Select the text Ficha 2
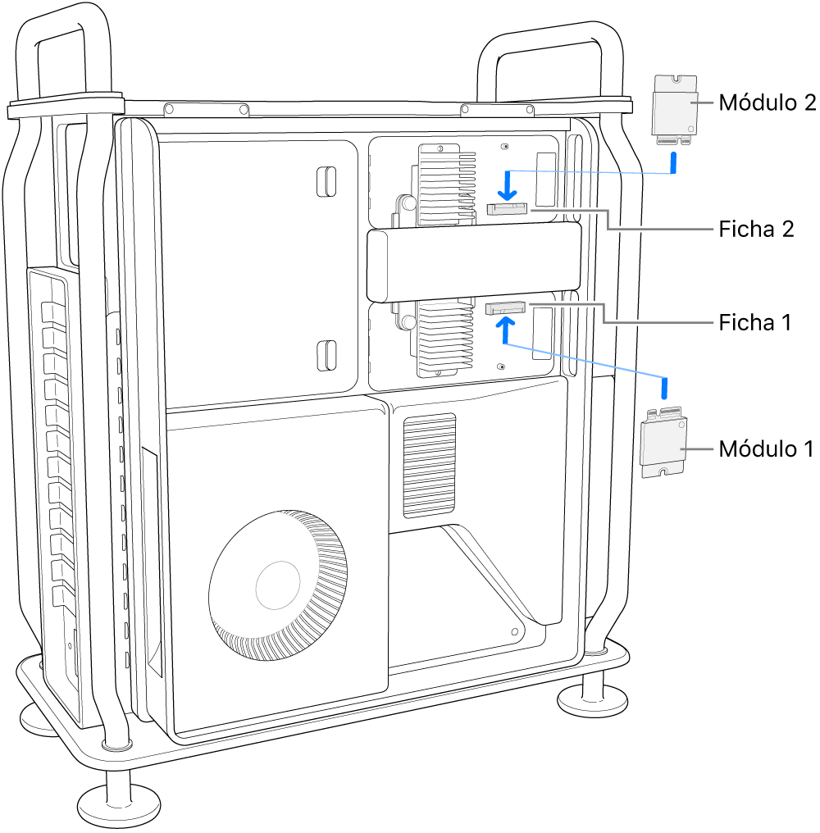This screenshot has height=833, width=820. coord(756,229)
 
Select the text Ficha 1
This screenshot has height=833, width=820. coord(754,321)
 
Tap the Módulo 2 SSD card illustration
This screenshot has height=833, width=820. coord(674,107)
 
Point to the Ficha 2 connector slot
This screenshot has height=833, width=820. coord(508,210)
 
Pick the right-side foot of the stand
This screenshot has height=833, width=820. coord(592,697)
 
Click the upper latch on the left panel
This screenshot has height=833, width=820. coord(326,181)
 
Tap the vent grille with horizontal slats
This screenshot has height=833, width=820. coord(429,465)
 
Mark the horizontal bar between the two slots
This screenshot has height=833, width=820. coord(473,263)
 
